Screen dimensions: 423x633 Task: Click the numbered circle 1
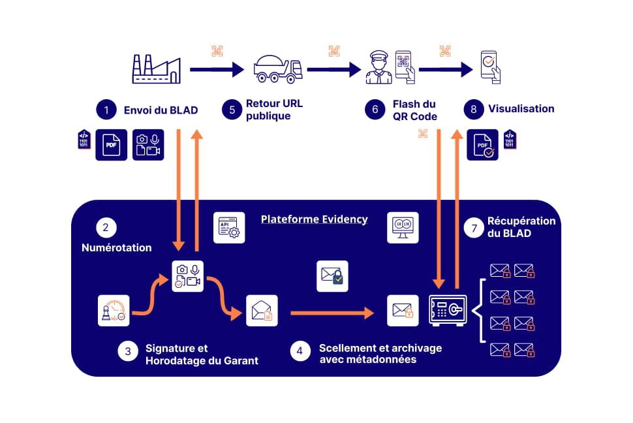(x=106, y=110)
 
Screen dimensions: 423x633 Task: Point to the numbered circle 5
(x=232, y=109)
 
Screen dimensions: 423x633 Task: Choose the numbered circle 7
(x=474, y=228)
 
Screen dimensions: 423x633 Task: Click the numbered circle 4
(x=300, y=351)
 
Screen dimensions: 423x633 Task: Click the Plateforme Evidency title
(x=314, y=219)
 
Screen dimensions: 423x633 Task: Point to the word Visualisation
(x=523, y=109)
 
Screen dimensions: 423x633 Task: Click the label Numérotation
(x=116, y=248)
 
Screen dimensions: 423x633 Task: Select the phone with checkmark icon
(x=489, y=67)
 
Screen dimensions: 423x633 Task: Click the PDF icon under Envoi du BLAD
(x=111, y=145)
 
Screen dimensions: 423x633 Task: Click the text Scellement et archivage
(x=380, y=348)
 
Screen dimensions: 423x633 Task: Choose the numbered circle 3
(x=128, y=351)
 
